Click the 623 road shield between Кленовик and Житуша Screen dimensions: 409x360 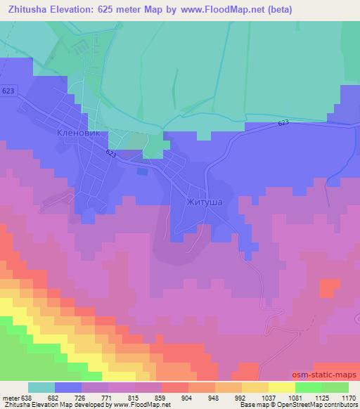tap(112, 152)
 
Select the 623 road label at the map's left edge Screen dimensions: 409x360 tap(8, 91)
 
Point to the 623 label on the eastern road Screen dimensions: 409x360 tap(283, 123)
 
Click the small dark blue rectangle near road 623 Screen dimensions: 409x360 tap(143, 170)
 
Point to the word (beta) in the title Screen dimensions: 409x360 tap(277, 9)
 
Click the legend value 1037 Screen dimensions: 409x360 tap(266, 397)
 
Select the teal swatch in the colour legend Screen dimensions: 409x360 tap(41, 387)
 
